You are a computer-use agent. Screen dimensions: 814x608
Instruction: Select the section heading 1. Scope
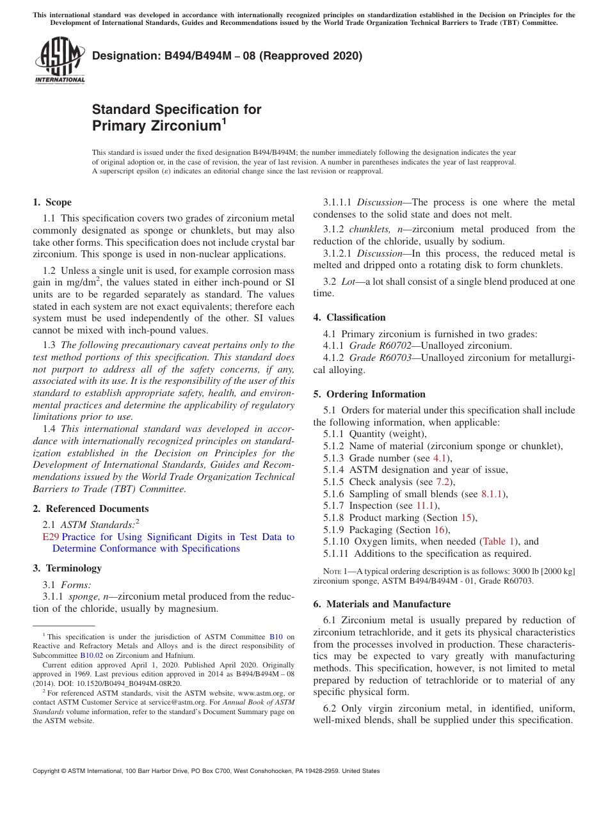click(x=52, y=202)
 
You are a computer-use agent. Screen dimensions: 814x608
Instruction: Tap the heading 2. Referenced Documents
click(x=91, y=509)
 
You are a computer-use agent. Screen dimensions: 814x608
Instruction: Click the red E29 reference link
click(x=51, y=537)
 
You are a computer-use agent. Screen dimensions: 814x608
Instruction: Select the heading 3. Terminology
click(x=67, y=568)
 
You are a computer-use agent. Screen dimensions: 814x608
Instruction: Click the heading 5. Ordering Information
click(x=369, y=394)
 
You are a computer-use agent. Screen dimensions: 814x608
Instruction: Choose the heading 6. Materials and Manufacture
click(x=381, y=604)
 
